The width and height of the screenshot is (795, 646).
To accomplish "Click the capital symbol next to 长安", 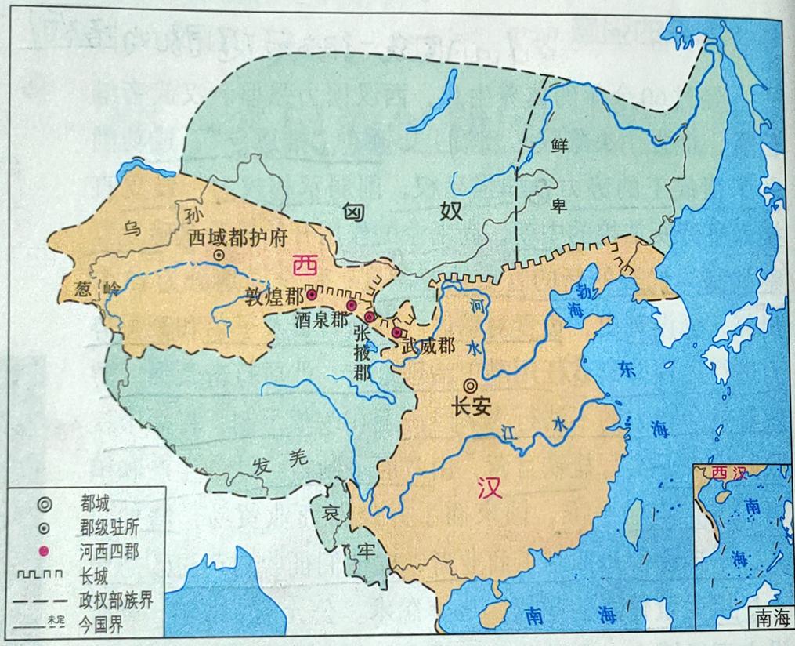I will [470, 385].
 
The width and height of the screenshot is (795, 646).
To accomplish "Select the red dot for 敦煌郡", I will [312, 296].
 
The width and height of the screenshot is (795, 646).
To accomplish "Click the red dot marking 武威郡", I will [397, 332].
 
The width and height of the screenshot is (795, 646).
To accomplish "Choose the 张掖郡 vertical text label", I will [361, 352].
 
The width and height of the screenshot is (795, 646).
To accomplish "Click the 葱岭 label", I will [93, 286].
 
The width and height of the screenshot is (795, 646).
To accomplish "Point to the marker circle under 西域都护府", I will [219, 255].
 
